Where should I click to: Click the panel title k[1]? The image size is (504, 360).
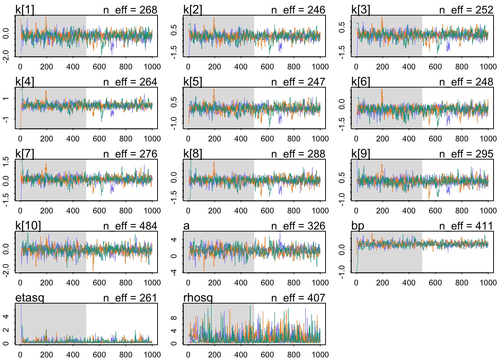coord(25,10)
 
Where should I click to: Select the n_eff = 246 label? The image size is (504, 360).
coord(298,10)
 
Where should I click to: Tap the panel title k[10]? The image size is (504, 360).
coord(28,226)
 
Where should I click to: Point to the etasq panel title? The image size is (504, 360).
coord(30,298)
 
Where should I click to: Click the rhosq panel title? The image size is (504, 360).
coord(198,298)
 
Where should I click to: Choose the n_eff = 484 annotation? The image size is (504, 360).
coord(130,226)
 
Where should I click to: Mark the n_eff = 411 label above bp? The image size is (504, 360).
coord(466,226)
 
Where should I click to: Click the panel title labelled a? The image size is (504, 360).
coord(186,226)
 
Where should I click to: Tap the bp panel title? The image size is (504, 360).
coord(358,226)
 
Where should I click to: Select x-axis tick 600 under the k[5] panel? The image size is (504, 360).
coord(267,139)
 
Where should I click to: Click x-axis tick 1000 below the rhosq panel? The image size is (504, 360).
coord(320,355)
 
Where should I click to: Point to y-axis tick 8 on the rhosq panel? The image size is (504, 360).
coord(174,318)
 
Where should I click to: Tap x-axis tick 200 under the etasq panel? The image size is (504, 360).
coord(46,355)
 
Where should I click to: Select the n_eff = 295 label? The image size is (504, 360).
coord(466,154)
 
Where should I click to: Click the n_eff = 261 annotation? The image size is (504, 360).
coord(130,298)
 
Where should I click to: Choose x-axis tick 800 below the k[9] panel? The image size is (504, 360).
coord(462,211)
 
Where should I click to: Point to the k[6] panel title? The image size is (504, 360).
coord(361,82)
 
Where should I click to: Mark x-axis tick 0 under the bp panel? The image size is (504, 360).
coord(356,283)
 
